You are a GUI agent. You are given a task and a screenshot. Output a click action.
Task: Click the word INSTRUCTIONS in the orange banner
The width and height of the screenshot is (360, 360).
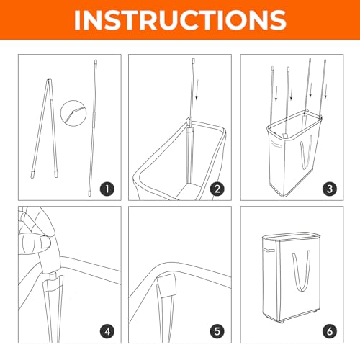(180, 20)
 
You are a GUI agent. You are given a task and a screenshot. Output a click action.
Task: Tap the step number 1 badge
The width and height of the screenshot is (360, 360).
(107, 189)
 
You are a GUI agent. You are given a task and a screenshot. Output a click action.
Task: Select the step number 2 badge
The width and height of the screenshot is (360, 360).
(217, 189)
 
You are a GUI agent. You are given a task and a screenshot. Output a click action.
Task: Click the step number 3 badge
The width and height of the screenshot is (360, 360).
(330, 189)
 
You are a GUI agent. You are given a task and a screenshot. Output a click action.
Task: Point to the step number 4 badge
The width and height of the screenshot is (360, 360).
(107, 331)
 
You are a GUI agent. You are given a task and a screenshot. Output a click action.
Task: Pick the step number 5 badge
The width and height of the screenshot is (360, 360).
(217, 331)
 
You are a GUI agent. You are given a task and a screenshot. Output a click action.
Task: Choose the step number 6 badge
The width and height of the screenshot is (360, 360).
(330, 331)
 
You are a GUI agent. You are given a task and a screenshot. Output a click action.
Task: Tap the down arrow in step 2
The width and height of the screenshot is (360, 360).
(197, 89)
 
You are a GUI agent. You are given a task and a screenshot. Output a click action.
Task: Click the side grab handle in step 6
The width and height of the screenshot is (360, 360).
(269, 251)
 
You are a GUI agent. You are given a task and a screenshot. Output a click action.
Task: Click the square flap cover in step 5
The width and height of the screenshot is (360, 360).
(167, 285)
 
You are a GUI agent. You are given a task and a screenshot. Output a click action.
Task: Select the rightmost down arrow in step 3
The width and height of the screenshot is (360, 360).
(325, 91)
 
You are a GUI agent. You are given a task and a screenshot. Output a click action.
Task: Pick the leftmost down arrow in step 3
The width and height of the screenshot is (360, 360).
(276, 94)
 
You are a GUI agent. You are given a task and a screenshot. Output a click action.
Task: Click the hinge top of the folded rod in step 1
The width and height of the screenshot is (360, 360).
(49, 81)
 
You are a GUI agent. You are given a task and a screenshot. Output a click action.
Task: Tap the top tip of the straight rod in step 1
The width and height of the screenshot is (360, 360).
(96, 61)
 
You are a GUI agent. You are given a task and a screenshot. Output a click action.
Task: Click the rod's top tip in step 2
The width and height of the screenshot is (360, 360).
(194, 59)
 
